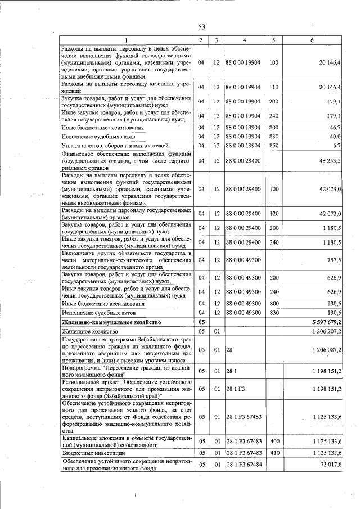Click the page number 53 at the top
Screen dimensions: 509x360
(x=202, y=26)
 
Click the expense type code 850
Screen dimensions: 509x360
(x=274, y=146)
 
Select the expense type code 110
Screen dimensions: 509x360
(x=274, y=87)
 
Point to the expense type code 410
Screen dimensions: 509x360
(x=274, y=452)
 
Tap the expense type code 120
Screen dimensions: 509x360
(x=274, y=214)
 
